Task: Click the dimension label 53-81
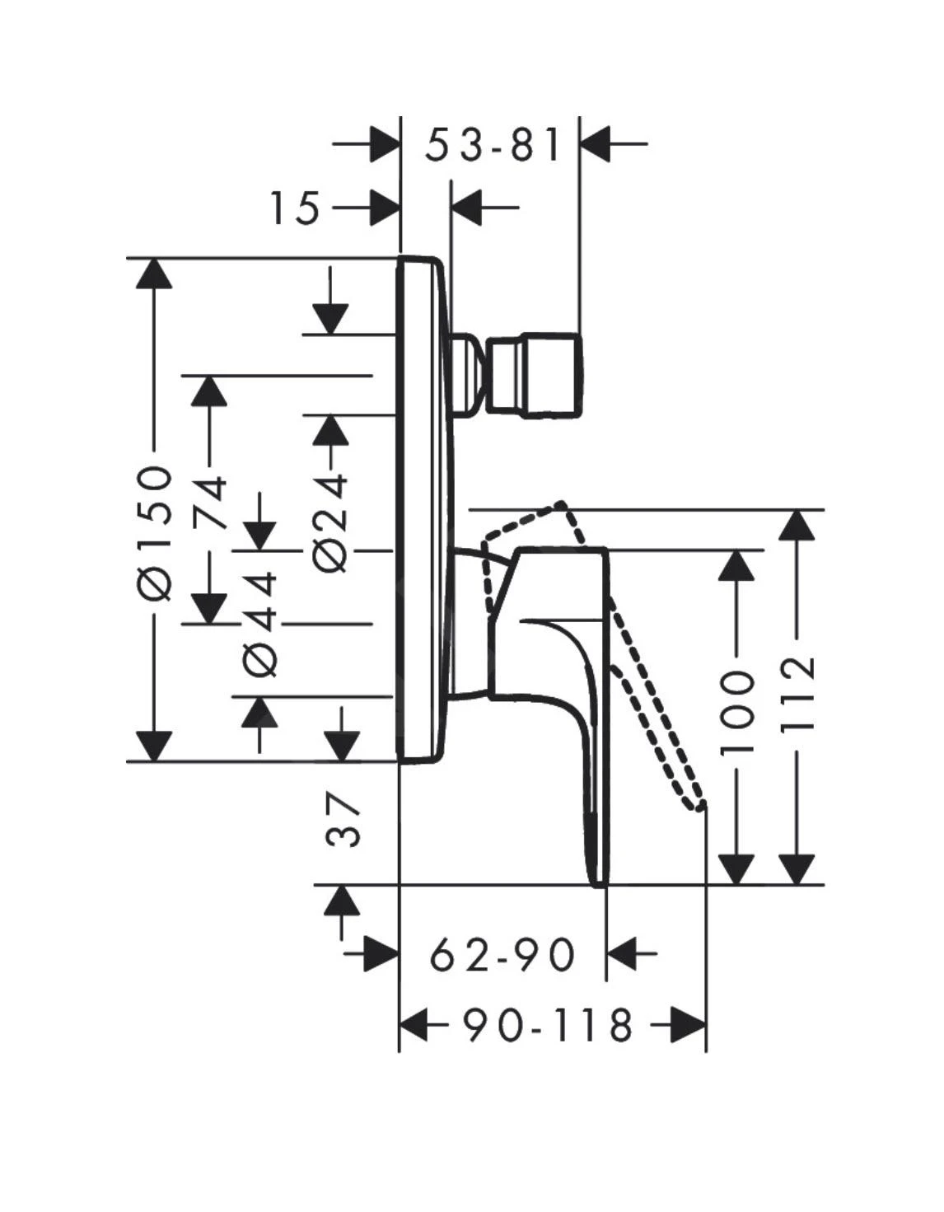[x=493, y=145]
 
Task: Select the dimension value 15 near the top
[x=295, y=208]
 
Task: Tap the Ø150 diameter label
[x=155, y=531]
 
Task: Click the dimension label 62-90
[x=502, y=956]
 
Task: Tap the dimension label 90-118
[x=547, y=1026]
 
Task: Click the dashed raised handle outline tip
[x=562, y=503]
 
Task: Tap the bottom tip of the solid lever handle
[x=601, y=882]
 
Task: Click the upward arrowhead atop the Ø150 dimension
[x=154, y=273]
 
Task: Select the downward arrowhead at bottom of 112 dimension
[x=797, y=869]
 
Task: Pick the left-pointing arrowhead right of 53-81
[x=595, y=143]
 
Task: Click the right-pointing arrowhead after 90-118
[x=688, y=1026]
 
